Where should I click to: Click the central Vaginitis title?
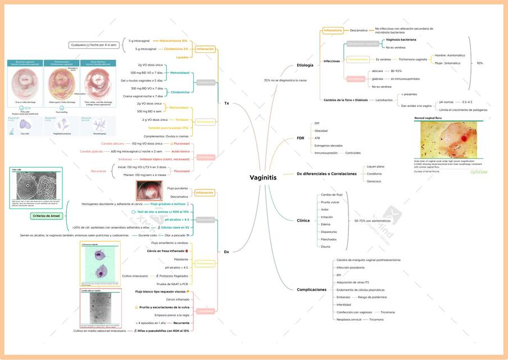[x=263, y=178]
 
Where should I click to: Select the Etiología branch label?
[x=305, y=65]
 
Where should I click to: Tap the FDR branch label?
[x=301, y=138]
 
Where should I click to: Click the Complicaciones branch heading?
[x=311, y=290]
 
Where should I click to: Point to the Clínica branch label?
[x=303, y=220]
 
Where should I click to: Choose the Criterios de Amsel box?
[x=46, y=215]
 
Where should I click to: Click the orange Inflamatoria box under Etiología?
[x=333, y=30]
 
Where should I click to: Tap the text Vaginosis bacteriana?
[x=401, y=40]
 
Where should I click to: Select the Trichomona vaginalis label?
[x=413, y=59]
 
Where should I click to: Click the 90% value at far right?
[x=479, y=63]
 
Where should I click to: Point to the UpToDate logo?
[x=479, y=172]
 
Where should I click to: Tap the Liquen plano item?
[x=375, y=166]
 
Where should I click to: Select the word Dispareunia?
[x=329, y=232]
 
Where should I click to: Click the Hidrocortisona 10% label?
[x=173, y=41]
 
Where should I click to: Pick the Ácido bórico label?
[x=180, y=151]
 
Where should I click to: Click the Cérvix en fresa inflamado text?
[x=167, y=251]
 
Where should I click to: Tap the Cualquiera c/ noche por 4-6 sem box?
[x=94, y=44]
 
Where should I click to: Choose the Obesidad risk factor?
[x=321, y=130]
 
